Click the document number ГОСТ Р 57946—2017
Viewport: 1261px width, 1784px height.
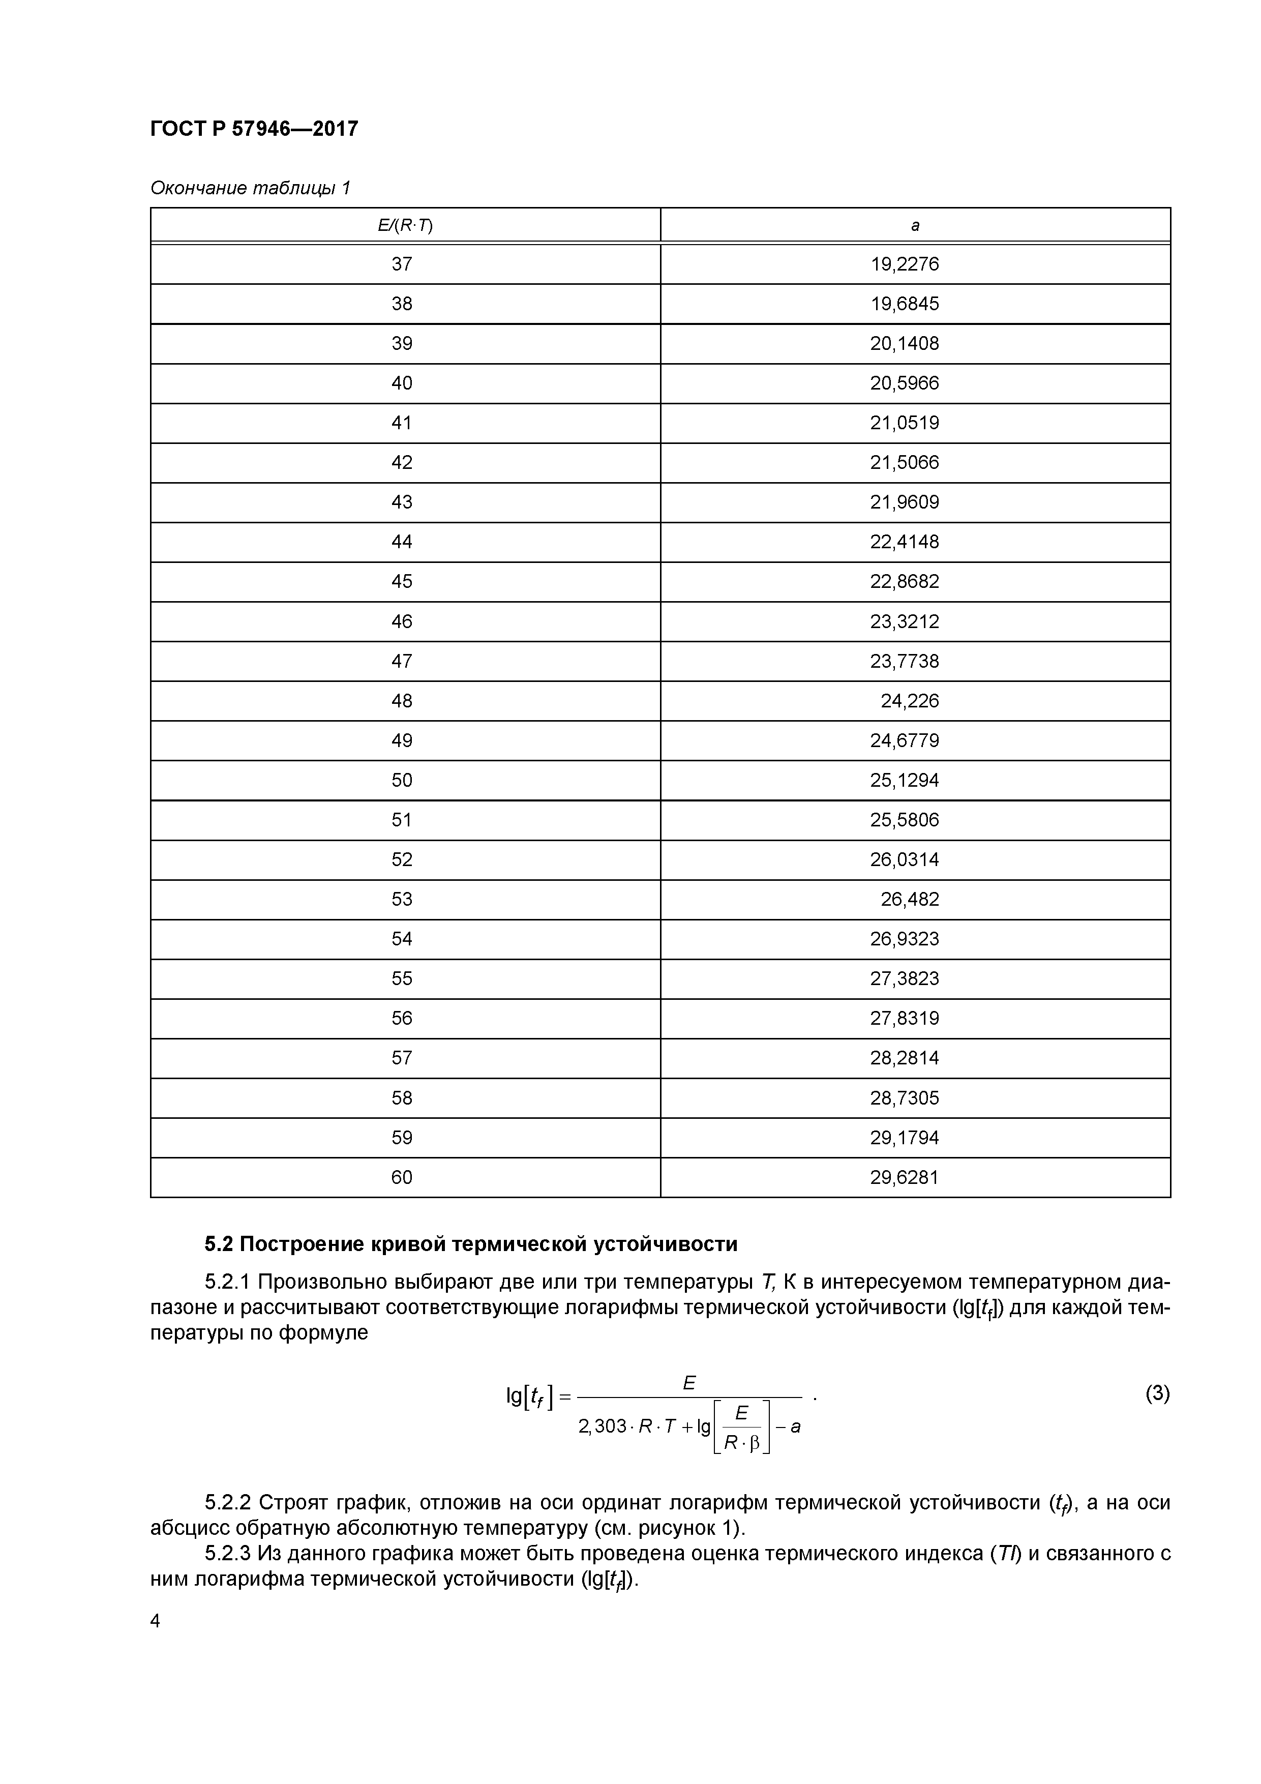pyautogui.click(x=254, y=129)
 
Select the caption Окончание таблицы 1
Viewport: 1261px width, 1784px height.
pyautogui.click(x=250, y=188)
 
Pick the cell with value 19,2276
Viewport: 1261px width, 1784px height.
pyautogui.click(x=905, y=264)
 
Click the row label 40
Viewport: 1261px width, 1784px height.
pyautogui.click(x=402, y=383)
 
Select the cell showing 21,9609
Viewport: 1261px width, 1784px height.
pyautogui.click(x=905, y=502)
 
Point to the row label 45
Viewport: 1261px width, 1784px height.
pyautogui.click(x=402, y=581)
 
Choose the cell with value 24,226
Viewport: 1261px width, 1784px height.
pyautogui.click(x=909, y=701)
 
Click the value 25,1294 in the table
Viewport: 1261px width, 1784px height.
pyautogui.click(x=905, y=780)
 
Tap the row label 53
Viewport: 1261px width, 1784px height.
pyautogui.click(x=402, y=899)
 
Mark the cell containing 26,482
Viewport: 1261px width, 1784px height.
pyautogui.click(x=909, y=899)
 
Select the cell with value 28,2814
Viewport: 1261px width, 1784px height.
pyautogui.click(x=905, y=1057)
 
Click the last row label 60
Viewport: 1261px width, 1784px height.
pyautogui.click(x=402, y=1177)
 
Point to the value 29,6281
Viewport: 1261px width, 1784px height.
pyautogui.click(x=905, y=1177)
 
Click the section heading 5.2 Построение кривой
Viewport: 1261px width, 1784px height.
pyautogui.click(x=471, y=1244)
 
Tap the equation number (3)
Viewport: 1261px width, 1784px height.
pyautogui.click(x=1157, y=1393)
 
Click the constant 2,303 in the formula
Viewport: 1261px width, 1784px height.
pyautogui.click(x=602, y=1426)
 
